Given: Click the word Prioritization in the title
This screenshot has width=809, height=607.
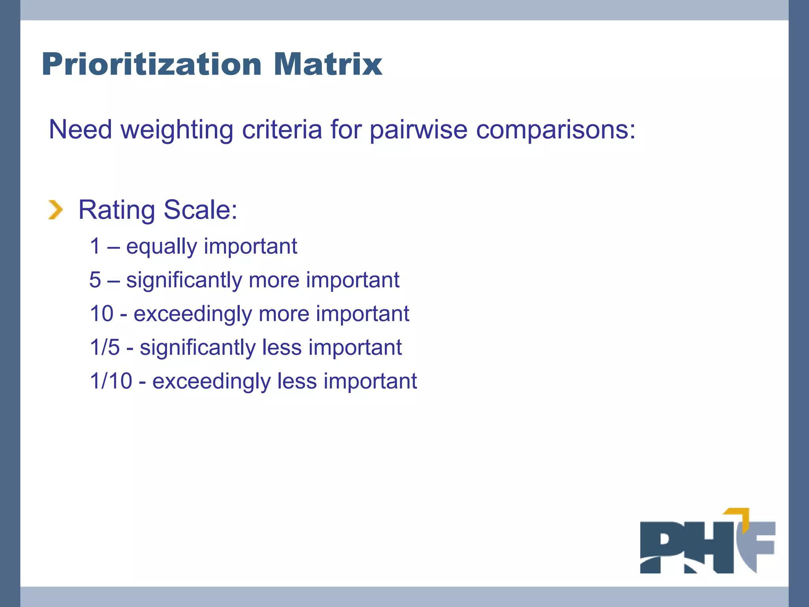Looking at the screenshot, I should pyautogui.click(x=152, y=64).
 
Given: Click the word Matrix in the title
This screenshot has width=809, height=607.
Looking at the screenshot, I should pyautogui.click(x=328, y=64).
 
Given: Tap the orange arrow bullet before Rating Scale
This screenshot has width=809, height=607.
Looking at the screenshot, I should pyautogui.click(x=56, y=209).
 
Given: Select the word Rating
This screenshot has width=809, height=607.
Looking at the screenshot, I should pyautogui.click(x=117, y=210).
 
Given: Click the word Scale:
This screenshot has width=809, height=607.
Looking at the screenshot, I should pyautogui.click(x=200, y=209).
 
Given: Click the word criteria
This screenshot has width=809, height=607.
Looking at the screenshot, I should pyautogui.click(x=282, y=130).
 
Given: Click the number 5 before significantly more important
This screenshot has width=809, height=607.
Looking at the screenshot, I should pyautogui.click(x=95, y=280).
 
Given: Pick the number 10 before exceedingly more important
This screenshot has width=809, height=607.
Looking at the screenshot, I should pyautogui.click(x=102, y=313).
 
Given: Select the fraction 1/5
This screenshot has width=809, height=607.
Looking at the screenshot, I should pyautogui.click(x=105, y=347).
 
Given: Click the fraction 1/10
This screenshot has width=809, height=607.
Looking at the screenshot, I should pyautogui.click(x=111, y=381).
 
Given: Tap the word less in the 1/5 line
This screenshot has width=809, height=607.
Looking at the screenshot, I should pyautogui.click(x=282, y=347).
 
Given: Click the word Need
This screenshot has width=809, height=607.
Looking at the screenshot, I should pyautogui.click(x=80, y=130).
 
